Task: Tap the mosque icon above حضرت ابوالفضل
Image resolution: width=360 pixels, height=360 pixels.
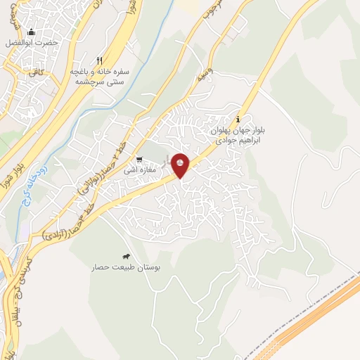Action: [x=30, y=32]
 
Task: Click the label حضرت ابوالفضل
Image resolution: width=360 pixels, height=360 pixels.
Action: [x=32, y=43]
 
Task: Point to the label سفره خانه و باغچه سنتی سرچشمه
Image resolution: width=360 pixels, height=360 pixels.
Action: [x=98, y=77]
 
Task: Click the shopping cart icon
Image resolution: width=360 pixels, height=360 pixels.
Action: [x=139, y=159]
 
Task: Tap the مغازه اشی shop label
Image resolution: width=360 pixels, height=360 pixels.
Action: [x=139, y=170]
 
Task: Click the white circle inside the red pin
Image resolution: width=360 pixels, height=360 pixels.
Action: [x=181, y=164]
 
